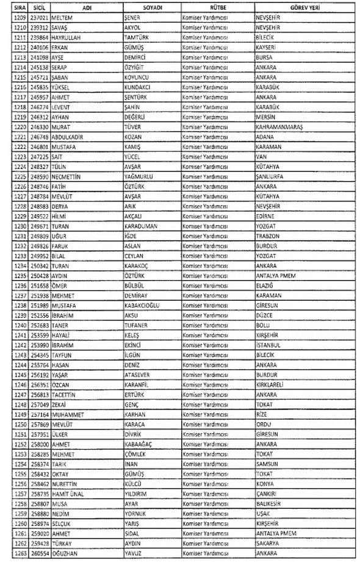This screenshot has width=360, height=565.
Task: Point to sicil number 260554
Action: pos(40,553)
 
